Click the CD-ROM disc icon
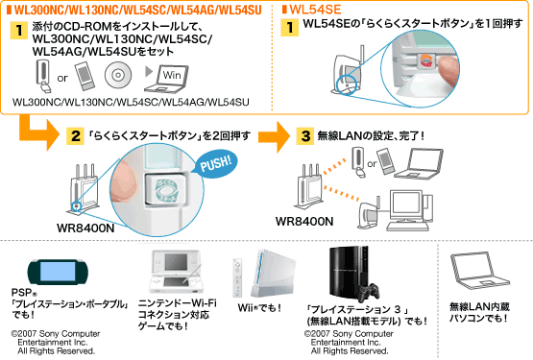click(x=117, y=75)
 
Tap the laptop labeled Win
click(x=166, y=80)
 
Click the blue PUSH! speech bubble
click(x=216, y=163)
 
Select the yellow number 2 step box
click(x=75, y=136)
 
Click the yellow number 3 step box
click(x=304, y=136)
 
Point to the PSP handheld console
click(x=57, y=272)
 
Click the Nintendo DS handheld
click(x=177, y=272)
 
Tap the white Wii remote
click(x=237, y=277)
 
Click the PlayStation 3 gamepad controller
click(x=369, y=292)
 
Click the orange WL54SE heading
click(x=312, y=10)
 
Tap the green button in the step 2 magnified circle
click(x=166, y=189)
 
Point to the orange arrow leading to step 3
click(x=274, y=136)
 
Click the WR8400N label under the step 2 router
click(x=85, y=228)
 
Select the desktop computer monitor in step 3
click(x=405, y=206)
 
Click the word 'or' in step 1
click(x=62, y=79)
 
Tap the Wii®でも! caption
click(x=259, y=308)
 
